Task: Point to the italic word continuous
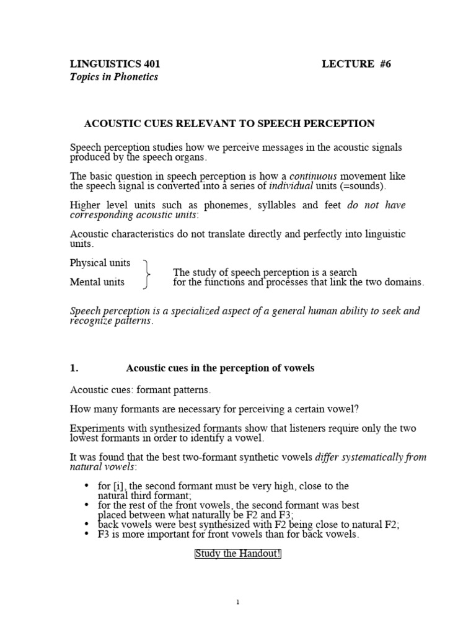[x=313, y=176]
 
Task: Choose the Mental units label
[x=97, y=282]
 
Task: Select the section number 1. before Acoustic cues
[x=74, y=368]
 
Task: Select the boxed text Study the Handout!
[x=238, y=554]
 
